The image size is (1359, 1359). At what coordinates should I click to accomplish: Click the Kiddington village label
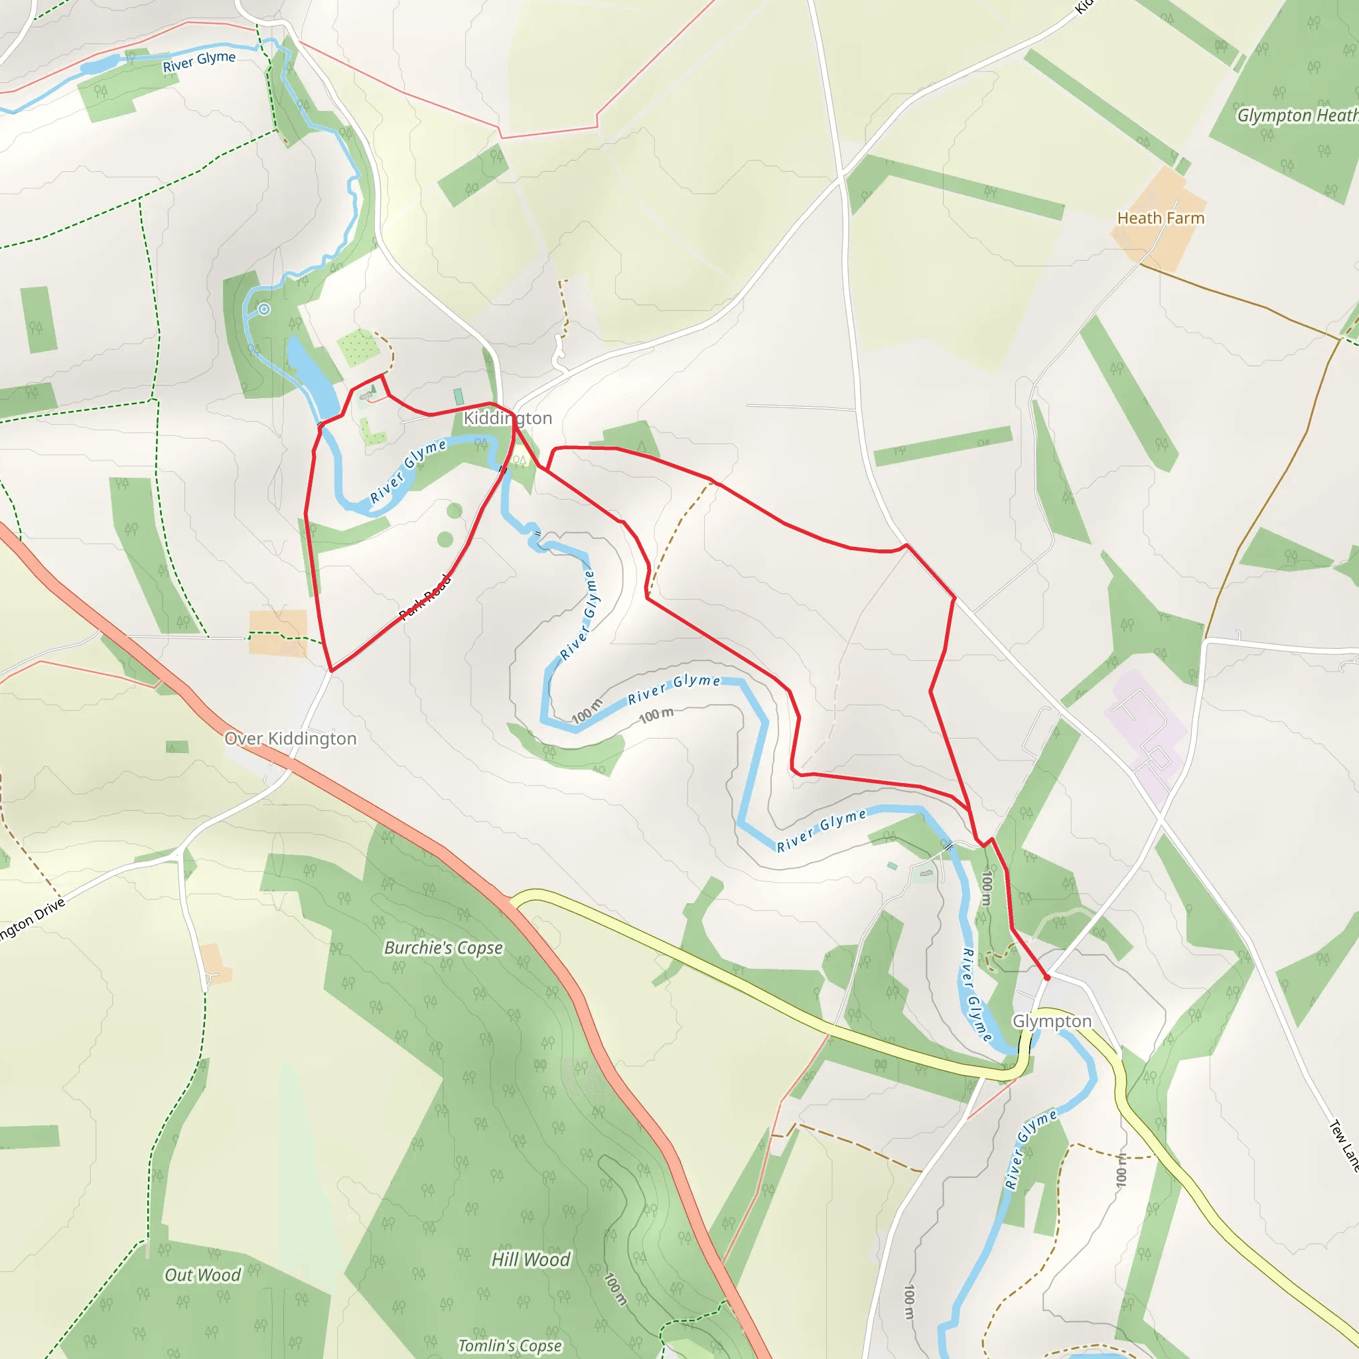[507, 418]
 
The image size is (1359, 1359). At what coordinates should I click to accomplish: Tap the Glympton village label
[1052, 1021]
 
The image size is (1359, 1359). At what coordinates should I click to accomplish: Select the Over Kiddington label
[290, 739]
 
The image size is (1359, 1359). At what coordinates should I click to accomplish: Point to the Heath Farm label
[1161, 218]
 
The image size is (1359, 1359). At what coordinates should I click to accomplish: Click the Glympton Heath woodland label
[1297, 115]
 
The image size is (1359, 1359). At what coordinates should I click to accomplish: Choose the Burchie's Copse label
[443, 948]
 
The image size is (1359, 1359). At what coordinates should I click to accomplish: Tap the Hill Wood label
[530, 1259]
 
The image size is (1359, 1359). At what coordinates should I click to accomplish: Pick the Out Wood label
[202, 1275]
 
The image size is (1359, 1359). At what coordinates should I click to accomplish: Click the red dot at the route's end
[1046, 977]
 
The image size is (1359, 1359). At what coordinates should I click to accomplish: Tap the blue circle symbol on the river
[264, 309]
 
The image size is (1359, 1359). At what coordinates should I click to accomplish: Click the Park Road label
[424, 597]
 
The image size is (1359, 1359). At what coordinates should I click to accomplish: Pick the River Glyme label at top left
[199, 61]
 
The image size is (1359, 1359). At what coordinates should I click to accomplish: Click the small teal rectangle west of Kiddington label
[459, 397]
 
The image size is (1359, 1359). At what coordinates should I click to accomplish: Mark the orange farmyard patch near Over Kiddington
[278, 632]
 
